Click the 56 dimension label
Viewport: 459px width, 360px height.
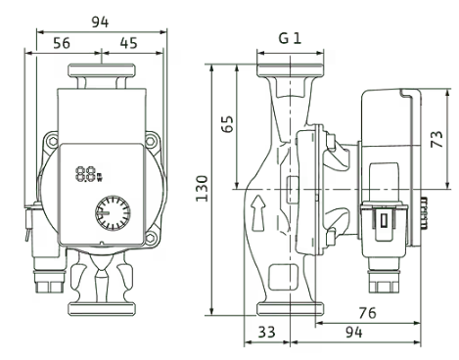[62, 43]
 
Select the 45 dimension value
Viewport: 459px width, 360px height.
[128, 43]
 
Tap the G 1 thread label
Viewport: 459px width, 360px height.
[290, 38]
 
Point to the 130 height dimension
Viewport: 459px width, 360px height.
[202, 189]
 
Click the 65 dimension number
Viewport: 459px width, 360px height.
[228, 123]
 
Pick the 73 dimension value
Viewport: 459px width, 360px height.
[436, 139]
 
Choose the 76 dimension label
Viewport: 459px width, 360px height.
[367, 313]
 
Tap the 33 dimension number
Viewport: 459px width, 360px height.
[267, 333]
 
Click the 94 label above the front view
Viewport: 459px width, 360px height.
[100, 22]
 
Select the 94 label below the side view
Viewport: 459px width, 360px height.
[354, 333]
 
